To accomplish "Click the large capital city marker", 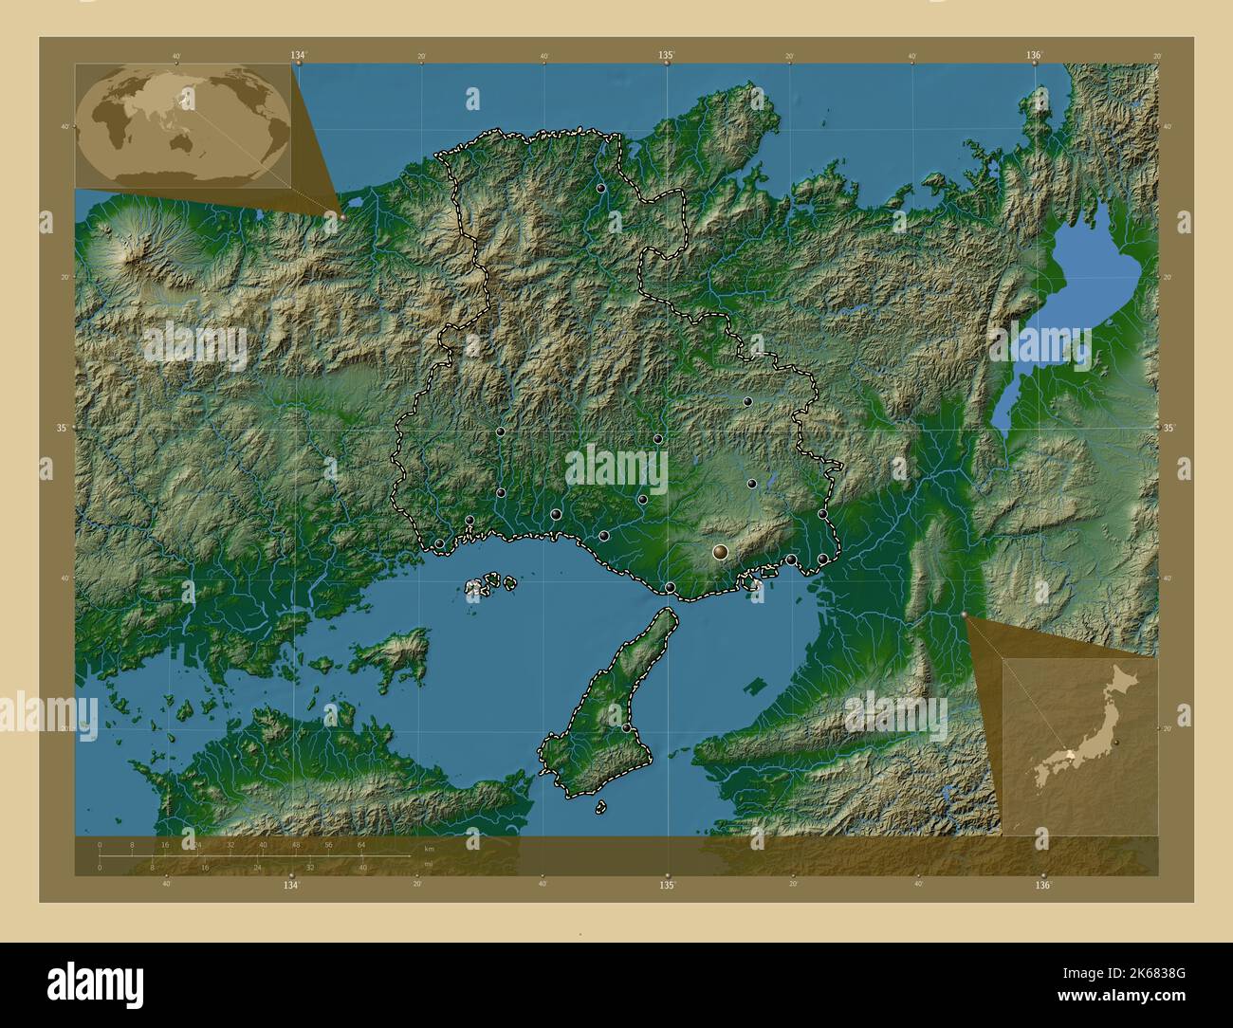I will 722,551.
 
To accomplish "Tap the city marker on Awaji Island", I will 626,727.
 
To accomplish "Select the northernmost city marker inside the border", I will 601,189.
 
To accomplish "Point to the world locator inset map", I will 183,126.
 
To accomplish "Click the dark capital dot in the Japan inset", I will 1118,742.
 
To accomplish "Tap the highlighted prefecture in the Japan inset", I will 1070,755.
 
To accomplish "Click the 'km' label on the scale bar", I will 430,848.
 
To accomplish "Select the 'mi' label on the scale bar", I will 429,865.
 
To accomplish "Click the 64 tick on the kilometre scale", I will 361,844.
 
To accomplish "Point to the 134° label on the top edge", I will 299,56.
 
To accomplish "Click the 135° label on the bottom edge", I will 667,885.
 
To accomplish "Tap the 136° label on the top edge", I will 1034,56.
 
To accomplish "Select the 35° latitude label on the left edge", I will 62,428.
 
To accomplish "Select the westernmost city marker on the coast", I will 439,543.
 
